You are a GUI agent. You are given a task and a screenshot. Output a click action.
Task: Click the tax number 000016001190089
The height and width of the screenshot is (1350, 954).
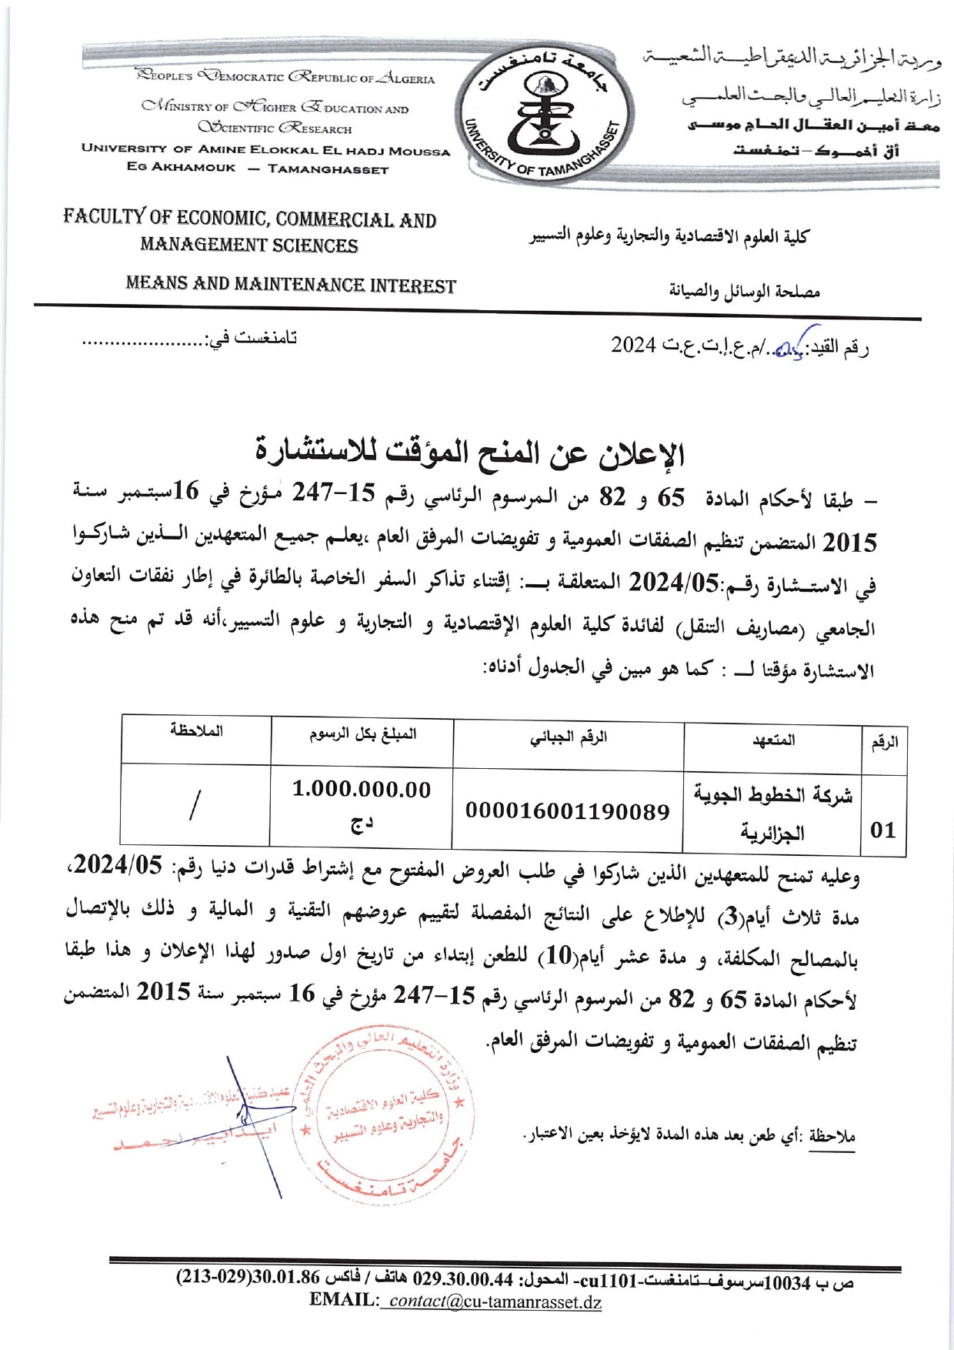(x=568, y=811)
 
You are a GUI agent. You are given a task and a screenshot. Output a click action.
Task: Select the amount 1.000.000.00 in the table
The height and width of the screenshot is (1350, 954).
(x=362, y=790)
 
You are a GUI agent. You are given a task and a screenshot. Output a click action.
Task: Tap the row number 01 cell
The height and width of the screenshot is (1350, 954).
(x=883, y=830)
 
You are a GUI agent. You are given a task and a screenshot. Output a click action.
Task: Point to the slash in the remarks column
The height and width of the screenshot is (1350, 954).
(x=194, y=805)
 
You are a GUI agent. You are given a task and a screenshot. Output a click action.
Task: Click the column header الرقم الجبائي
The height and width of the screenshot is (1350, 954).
(x=569, y=738)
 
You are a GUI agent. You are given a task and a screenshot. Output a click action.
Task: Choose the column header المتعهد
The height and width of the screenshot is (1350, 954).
(x=773, y=740)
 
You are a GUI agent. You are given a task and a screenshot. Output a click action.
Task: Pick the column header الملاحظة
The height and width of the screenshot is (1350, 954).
(x=197, y=731)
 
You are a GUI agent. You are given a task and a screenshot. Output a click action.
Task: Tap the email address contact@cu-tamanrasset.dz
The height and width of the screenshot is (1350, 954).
(x=494, y=1301)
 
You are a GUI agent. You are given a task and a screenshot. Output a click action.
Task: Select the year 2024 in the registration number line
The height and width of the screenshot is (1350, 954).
(x=633, y=345)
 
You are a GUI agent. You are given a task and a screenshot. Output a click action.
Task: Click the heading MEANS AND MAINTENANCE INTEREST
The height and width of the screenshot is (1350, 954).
(x=291, y=285)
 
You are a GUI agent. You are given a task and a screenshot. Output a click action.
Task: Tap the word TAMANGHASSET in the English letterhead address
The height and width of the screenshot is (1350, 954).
(x=328, y=169)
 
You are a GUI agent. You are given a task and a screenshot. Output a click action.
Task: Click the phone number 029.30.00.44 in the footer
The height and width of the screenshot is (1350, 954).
(x=463, y=1280)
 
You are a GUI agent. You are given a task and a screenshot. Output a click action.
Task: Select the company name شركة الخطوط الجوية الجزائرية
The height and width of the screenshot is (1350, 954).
(x=772, y=813)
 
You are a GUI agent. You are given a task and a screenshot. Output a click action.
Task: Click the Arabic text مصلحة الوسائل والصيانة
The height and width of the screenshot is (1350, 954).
(x=744, y=291)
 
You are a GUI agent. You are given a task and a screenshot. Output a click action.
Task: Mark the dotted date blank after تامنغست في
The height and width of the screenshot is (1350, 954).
(x=143, y=339)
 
